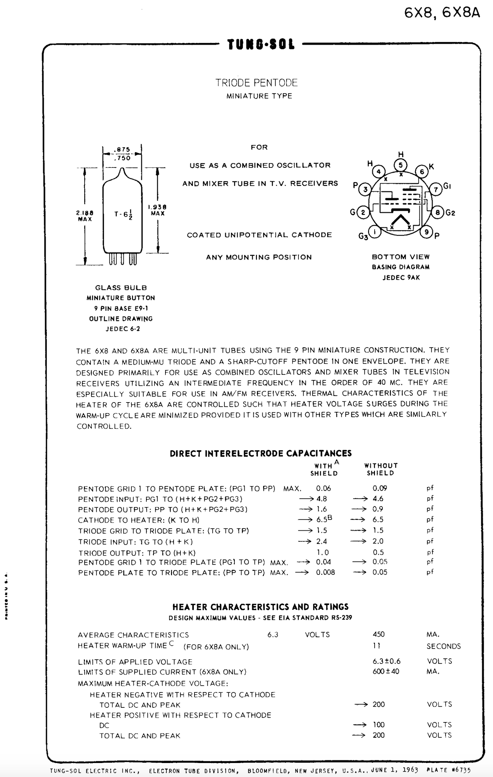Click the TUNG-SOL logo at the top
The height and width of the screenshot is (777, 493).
(x=261, y=44)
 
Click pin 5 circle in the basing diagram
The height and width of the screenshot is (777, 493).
(x=401, y=165)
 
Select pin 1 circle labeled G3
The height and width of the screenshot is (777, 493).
(x=375, y=232)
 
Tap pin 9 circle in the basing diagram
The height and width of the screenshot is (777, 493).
(x=426, y=232)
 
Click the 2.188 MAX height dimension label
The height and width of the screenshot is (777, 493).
(x=85, y=216)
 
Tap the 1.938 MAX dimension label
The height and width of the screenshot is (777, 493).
(x=157, y=210)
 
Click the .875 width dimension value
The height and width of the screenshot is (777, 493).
(x=122, y=149)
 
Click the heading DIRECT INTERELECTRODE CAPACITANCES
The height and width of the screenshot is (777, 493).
(x=261, y=453)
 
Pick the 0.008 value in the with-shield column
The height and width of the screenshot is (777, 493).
(x=325, y=572)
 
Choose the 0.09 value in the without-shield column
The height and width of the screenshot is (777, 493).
(x=380, y=488)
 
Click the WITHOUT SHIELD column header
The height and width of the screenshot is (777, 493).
(x=381, y=469)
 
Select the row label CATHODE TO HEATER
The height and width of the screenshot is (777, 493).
(x=139, y=520)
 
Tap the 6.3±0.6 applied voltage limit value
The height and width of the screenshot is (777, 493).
(x=387, y=661)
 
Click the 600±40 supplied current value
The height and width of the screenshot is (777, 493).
(x=386, y=671)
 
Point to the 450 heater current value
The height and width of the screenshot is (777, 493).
(x=379, y=634)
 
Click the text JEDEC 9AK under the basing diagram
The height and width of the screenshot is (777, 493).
(x=401, y=278)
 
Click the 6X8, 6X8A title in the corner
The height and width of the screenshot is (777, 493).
(x=442, y=13)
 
